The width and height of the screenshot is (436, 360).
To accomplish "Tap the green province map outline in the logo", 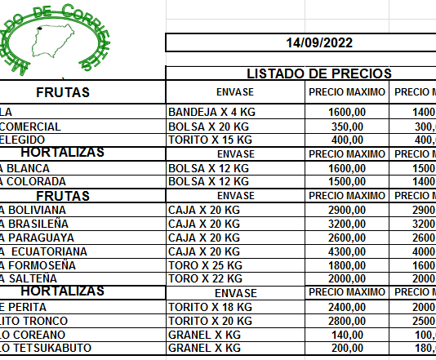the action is (x=51, y=38).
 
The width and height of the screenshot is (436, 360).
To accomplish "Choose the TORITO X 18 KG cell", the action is (x=208, y=306).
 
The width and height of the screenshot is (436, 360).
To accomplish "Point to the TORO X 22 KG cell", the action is (x=203, y=278).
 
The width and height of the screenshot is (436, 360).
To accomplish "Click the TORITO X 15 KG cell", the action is (x=208, y=140).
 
